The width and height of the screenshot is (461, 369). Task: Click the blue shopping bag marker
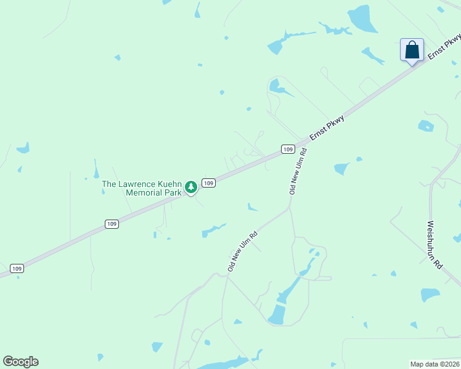pos(412,50)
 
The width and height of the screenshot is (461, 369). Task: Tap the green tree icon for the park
pos(191,186)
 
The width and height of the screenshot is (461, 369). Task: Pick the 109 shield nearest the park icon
pos(209,183)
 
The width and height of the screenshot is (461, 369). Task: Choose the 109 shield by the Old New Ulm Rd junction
pos(287,149)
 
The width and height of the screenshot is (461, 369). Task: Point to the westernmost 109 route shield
pos(17,268)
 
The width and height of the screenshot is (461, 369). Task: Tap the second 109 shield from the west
pos(111,224)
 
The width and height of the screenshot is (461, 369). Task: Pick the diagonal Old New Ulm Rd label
pos(242,252)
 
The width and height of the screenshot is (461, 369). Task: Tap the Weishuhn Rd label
pos(434,244)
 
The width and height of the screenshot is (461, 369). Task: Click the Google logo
pos(20,362)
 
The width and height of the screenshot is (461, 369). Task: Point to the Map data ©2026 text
pos(434,364)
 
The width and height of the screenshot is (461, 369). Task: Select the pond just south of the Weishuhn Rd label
pos(430,295)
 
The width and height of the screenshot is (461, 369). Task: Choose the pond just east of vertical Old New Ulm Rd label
pos(341,168)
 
